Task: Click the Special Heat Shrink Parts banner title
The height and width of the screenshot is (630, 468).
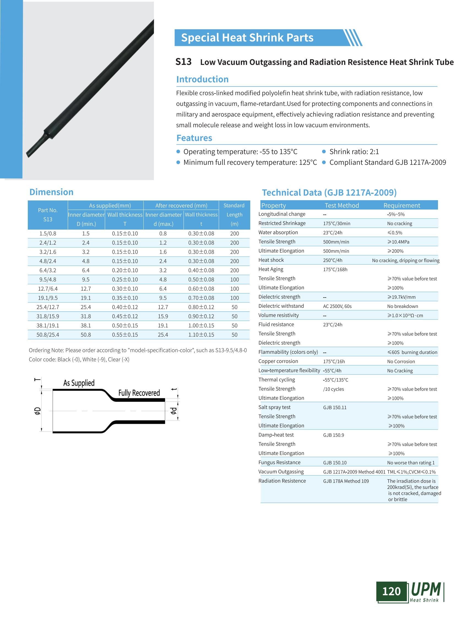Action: tap(247, 38)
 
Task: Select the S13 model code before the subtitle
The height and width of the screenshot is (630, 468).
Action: tap(183, 62)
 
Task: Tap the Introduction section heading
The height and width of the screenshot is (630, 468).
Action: tap(202, 79)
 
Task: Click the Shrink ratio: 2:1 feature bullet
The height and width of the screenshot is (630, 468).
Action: tap(354, 152)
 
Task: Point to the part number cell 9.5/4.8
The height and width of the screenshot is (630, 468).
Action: tap(48, 280)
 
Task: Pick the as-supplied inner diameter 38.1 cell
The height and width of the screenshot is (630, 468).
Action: tap(86, 326)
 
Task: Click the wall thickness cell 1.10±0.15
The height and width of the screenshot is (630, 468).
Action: tap(201, 335)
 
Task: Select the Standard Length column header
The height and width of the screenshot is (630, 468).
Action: tap(234, 214)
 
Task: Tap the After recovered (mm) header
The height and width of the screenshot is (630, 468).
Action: tap(181, 205)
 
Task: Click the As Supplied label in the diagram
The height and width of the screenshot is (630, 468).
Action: tap(79, 383)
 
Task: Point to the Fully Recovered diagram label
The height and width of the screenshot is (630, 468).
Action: tap(139, 393)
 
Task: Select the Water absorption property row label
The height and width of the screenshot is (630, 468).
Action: tap(278, 232)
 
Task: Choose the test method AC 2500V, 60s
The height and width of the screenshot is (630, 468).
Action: tap(337, 306)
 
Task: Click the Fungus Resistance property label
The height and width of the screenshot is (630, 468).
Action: tap(279, 463)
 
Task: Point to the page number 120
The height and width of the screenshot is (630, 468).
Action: tap(391, 592)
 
